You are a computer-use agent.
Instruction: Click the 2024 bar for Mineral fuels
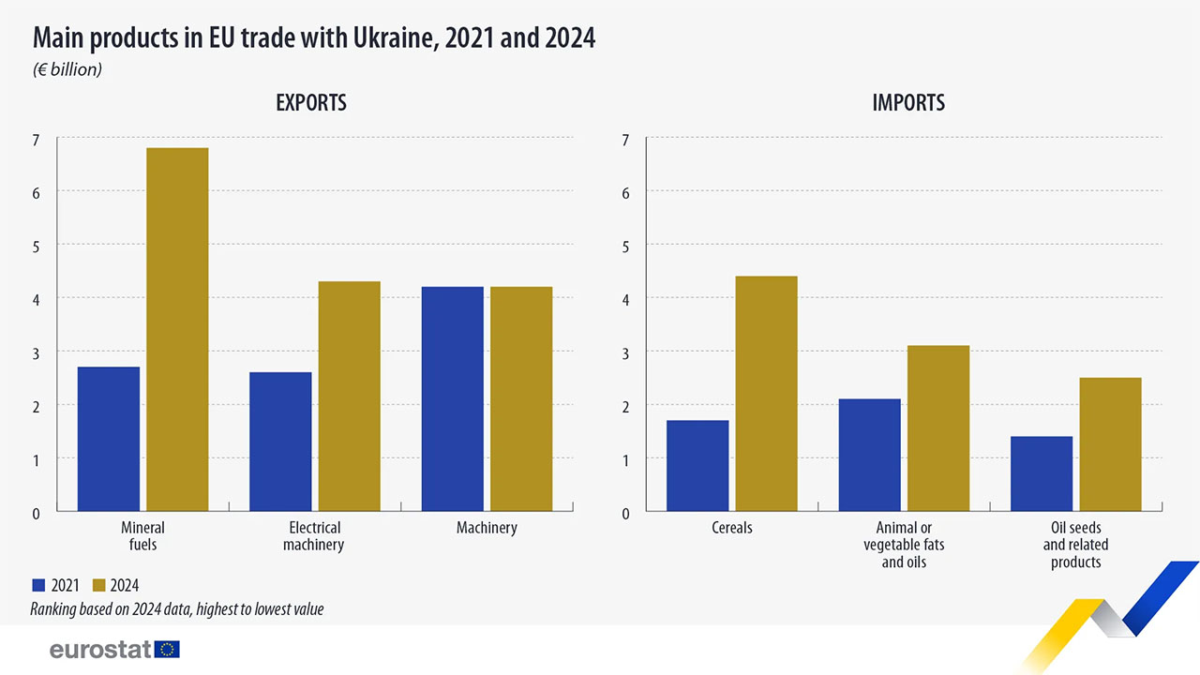click(x=177, y=329)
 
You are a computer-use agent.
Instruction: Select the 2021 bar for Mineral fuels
click(x=109, y=439)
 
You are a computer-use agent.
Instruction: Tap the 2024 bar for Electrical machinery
click(x=349, y=396)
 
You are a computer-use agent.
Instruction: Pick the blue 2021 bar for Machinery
click(x=453, y=398)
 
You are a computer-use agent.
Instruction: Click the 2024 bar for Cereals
click(x=766, y=394)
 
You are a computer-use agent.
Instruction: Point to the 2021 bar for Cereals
click(x=697, y=465)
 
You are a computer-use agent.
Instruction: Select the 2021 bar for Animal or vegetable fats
click(x=869, y=455)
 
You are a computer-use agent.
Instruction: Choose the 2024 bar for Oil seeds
click(x=1110, y=444)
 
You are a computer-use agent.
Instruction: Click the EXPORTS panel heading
click(x=311, y=103)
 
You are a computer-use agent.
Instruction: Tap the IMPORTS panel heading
click(x=908, y=103)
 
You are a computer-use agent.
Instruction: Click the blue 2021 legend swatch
click(x=38, y=586)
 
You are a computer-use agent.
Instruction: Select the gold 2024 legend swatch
click(x=99, y=586)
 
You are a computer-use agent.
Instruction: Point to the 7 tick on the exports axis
click(x=37, y=140)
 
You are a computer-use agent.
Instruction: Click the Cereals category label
click(x=732, y=528)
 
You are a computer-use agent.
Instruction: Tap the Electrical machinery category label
click(x=314, y=536)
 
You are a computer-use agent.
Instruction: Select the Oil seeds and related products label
click(x=1075, y=545)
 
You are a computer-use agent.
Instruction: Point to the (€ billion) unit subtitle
click(x=67, y=69)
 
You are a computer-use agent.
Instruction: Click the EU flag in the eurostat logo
click(x=169, y=649)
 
